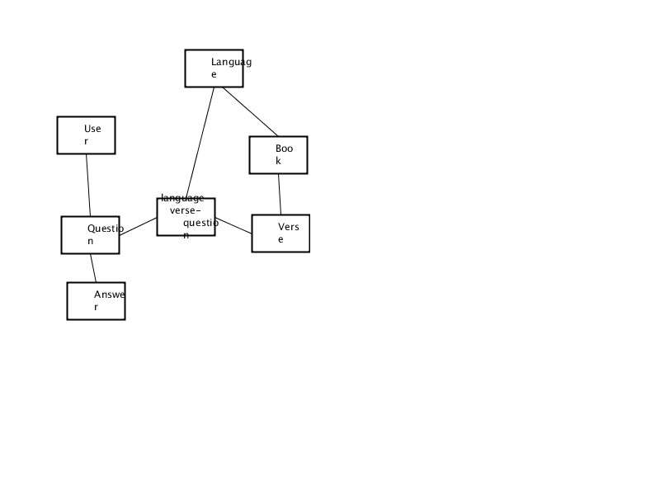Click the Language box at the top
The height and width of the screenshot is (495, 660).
point(214,68)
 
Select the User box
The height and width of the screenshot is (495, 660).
point(87,135)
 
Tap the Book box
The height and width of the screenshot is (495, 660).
point(279,155)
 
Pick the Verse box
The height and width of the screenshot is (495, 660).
point(280,233)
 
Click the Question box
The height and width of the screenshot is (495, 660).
point(91,235)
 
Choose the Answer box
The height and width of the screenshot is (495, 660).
point(96,301)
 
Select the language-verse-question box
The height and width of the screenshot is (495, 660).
point(186,217)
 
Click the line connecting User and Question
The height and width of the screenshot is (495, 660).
point(88,185)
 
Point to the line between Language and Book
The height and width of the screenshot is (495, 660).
point(250,111)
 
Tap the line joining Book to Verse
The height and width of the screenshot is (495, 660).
point(280,194)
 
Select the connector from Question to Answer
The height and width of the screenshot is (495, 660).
point(93,268)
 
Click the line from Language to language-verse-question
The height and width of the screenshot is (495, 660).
point(200,143)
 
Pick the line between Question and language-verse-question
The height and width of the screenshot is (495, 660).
point(138,226)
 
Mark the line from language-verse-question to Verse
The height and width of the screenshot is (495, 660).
point(233,225)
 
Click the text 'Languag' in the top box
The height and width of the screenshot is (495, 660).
point(232,63)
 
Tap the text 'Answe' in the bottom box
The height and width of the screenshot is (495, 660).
point(110,295)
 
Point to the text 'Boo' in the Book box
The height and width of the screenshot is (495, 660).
point(284,148)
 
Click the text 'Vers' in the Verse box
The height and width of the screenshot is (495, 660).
point(289,228)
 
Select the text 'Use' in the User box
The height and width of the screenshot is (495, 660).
point(92,129)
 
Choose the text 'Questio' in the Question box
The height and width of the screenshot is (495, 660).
point(106,229)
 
